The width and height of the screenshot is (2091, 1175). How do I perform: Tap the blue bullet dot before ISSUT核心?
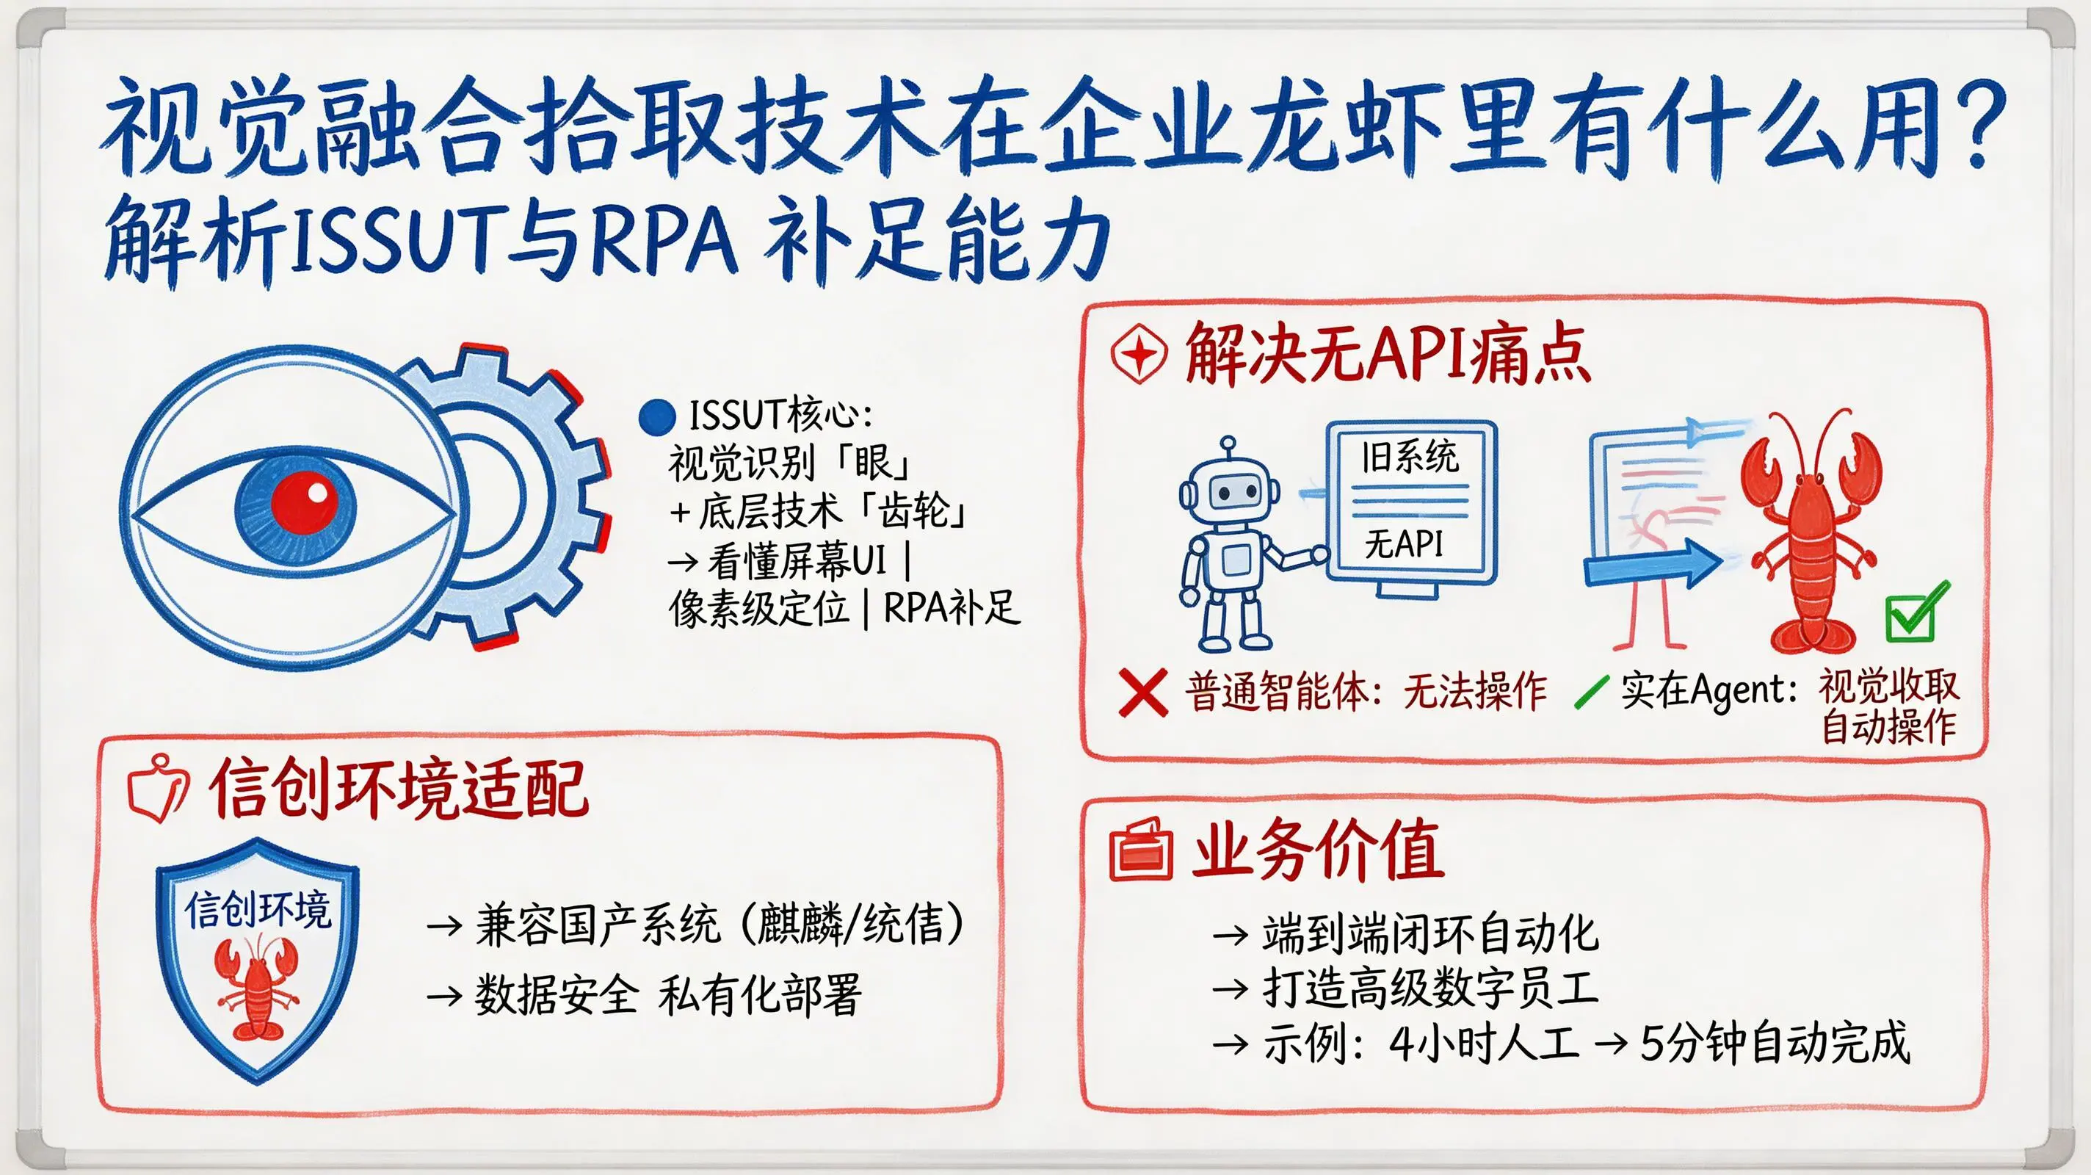pos(656,416)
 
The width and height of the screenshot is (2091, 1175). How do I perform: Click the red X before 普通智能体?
pos(1143,692)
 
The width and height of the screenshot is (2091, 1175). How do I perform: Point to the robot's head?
pos(1229,490)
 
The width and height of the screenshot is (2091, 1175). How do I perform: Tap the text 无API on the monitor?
pos(1405,543)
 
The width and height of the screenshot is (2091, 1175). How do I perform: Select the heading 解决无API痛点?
pos(1386,354)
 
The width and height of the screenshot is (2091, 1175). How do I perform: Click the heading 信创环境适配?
pos(398,789)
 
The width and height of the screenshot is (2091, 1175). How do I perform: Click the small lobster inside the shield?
pos(256,990)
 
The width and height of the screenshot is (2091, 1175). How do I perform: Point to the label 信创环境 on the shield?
pos(257,909)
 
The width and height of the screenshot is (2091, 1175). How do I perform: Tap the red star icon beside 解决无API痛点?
pos(1138,354)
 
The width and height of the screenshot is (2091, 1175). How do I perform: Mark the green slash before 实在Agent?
pos(1591,692)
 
